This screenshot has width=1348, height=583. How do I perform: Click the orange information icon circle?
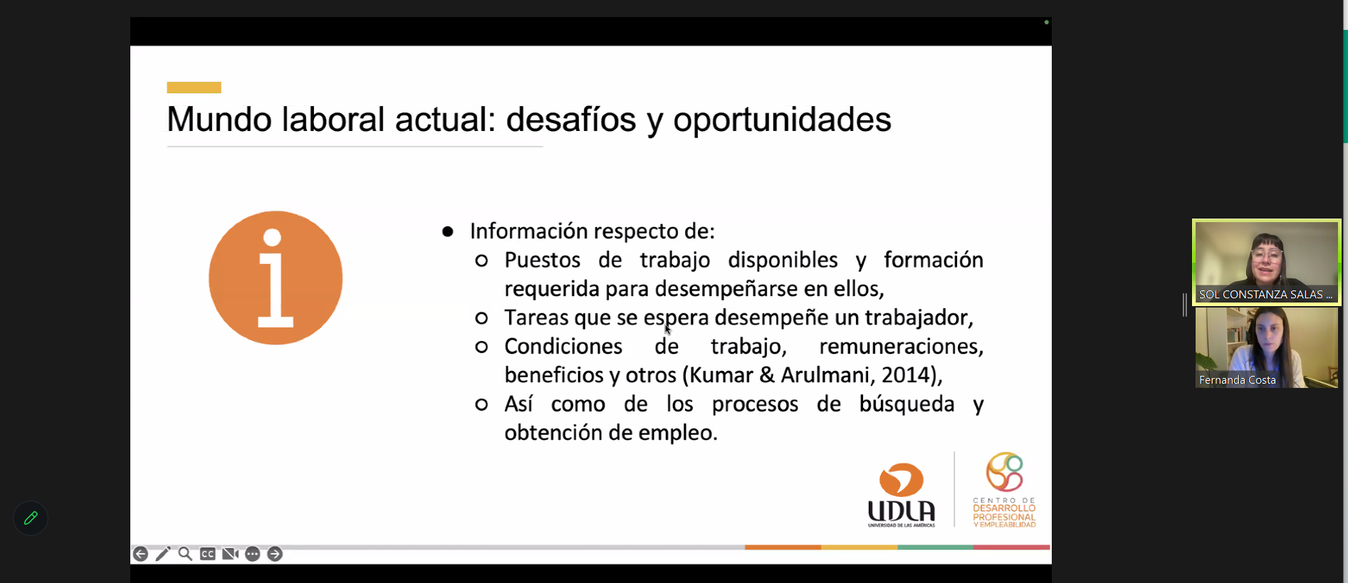(x=276, y=278)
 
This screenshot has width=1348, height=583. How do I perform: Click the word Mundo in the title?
(x=219, y=119)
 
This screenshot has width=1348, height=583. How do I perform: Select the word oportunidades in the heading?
(x=782, y=120)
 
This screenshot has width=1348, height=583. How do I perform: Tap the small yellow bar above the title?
(x=194, y=88)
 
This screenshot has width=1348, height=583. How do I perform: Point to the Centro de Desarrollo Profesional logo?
(x=1004, y=490)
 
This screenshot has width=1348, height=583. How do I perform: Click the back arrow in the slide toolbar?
(x=140, y=554)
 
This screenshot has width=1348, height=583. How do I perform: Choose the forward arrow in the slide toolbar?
(x=275, y=554)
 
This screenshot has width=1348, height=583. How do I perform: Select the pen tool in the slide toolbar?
(x=163, y=554)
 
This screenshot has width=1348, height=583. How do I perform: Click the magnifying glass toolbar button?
(x=185, y=554)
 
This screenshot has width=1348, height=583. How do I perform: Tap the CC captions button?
(x=207, y=554)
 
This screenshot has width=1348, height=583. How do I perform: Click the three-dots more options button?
(x=252, y=554)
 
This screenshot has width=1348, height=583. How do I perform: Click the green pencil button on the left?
(x=31, y=518)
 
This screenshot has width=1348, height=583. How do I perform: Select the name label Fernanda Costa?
(x=1237, y=380)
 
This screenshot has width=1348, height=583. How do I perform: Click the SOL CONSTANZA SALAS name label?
(x=1265, y=294)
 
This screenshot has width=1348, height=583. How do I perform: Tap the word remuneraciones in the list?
(x=901, y=347)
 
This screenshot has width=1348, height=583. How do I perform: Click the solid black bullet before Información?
(x=448, y=231)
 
